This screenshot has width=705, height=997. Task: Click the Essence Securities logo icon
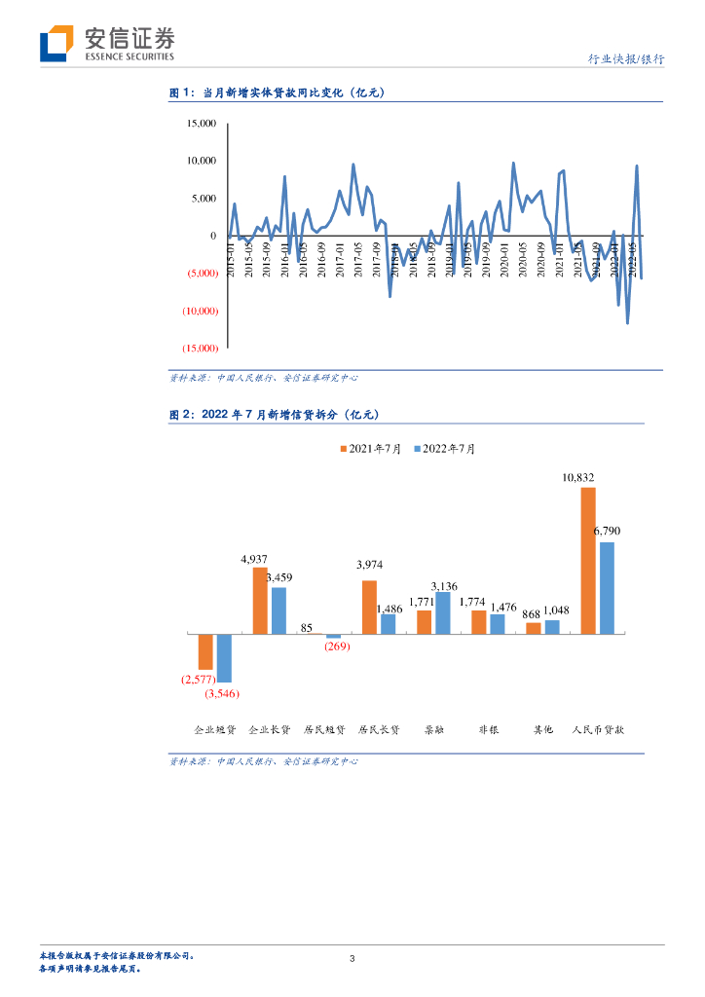56,44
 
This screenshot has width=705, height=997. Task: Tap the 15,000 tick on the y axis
202,124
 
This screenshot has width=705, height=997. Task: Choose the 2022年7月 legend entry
446,448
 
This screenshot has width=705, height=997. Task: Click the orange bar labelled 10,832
588,561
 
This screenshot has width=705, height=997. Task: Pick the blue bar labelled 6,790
607,588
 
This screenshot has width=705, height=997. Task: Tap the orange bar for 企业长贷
260,601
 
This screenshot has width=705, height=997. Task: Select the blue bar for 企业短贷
224,658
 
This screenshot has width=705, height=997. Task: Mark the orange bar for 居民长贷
369,608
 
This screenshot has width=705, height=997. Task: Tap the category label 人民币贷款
598,728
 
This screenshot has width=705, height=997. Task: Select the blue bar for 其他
552,627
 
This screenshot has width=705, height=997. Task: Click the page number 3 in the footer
352,960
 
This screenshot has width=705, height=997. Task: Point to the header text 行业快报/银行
627,59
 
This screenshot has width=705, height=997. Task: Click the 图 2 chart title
274,414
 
